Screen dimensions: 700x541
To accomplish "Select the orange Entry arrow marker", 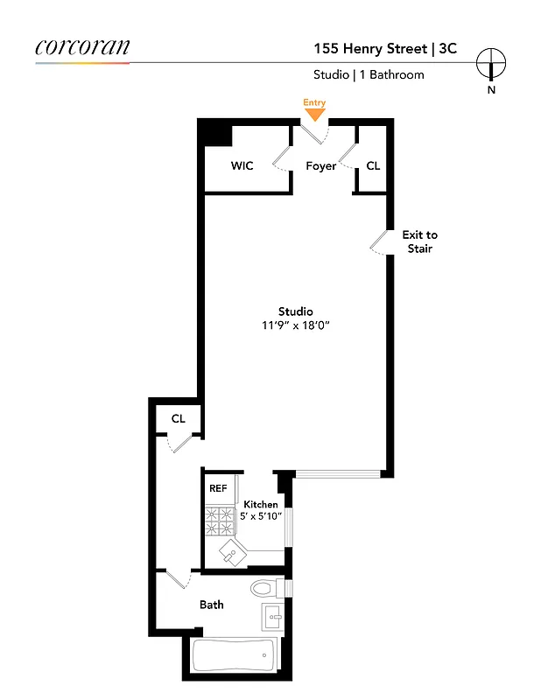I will [314, 114].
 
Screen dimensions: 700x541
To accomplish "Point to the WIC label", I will [242, 165].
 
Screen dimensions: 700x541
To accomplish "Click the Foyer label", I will [320, 165].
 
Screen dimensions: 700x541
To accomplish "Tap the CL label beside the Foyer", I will [373, 165].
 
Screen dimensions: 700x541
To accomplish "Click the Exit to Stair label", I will [419, 241].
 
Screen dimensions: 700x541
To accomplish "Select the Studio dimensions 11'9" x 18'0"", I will [296, 325].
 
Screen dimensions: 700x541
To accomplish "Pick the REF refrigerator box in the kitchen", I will [217, 488].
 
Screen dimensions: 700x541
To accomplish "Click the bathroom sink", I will [271, 617].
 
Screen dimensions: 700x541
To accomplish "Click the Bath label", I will [211, 605].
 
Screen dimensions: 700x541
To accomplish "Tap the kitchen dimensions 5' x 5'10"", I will [261, 516].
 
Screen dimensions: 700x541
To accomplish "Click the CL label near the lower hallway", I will [179, 419].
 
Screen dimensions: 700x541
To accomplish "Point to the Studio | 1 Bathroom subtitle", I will [369, 75].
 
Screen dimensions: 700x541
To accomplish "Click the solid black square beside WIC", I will [214, 134].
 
